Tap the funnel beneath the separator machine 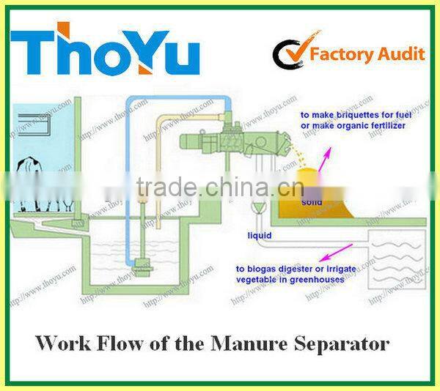pyautogui.click(x=257, y=208)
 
